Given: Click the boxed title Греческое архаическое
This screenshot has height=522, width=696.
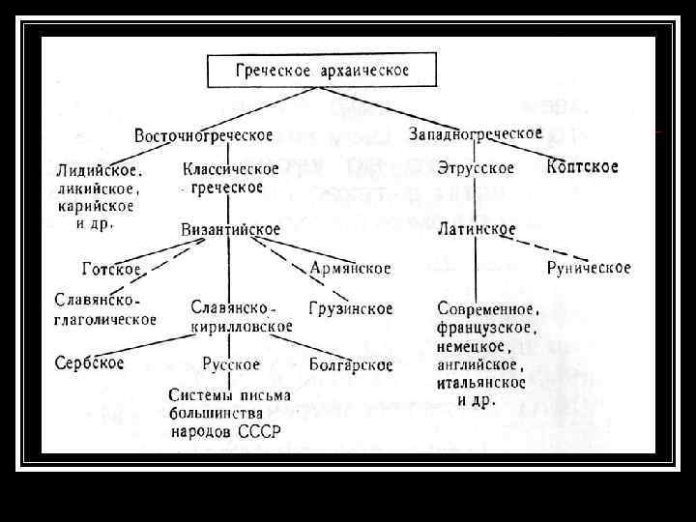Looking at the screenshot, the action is (x=323, y=72).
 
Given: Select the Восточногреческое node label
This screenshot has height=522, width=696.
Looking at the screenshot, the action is (x=203, y=134).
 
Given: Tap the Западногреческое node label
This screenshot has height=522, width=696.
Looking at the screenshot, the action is (x=476, y=133).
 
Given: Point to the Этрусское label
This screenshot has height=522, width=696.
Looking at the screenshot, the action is (x=475, y=168).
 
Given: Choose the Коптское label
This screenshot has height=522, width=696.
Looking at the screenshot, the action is (x=582, y=167).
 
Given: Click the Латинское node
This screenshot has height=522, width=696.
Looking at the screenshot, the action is (x=476, y=230).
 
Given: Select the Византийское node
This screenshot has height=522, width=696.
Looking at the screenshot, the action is (x=230, y=230).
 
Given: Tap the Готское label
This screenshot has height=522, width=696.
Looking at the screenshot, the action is (x=111, y=269).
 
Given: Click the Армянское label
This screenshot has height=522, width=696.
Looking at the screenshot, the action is (x=350, y=268).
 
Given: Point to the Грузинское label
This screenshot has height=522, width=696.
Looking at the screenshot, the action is (x=350, y=309).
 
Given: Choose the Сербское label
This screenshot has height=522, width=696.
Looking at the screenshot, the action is (x=89, y=363).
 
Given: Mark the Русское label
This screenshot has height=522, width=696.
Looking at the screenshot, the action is (x=231, y=364).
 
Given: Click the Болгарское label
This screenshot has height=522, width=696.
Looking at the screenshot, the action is (x=350, y=364).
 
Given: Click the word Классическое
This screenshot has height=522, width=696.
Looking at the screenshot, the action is (x=230, y=169).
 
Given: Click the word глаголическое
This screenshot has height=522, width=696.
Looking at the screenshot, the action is (x=105, y=319).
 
